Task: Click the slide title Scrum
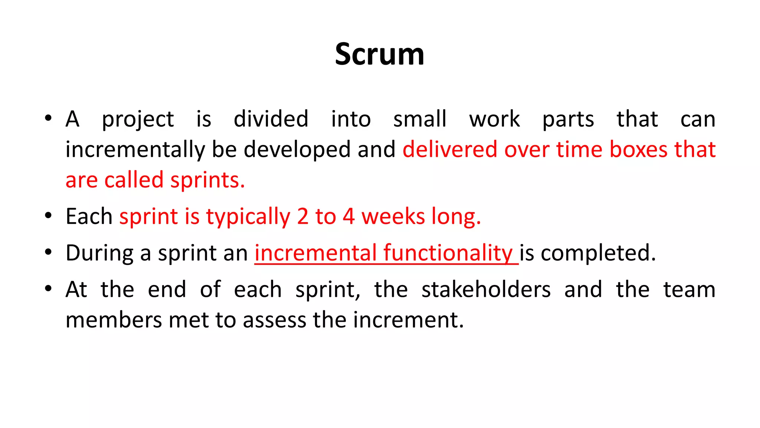[x=379, y=54]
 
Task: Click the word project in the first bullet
[x=138, y=120]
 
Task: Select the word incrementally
[x=135, y=150]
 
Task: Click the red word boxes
[x=638, y=149]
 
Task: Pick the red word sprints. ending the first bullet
[x=207, y=181]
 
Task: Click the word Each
[x=89, y=216]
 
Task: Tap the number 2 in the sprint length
[x=302, y=217]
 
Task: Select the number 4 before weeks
[x=348, y=217]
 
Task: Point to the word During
[x=99, y=253]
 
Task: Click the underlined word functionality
[x=448, y=253]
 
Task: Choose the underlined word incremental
[x=315, y=253]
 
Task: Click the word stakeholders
[x=486, y=290]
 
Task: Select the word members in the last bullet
[x=114, y=320]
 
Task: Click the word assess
[x=274, y=320]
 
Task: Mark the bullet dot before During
[x=48, y=252]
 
